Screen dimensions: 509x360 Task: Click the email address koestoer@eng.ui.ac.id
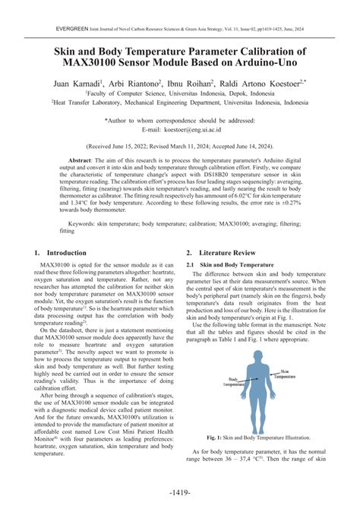click(197, 130)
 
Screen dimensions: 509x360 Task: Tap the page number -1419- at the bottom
click(180, 492)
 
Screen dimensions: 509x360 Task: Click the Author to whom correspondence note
click(179, 120)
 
